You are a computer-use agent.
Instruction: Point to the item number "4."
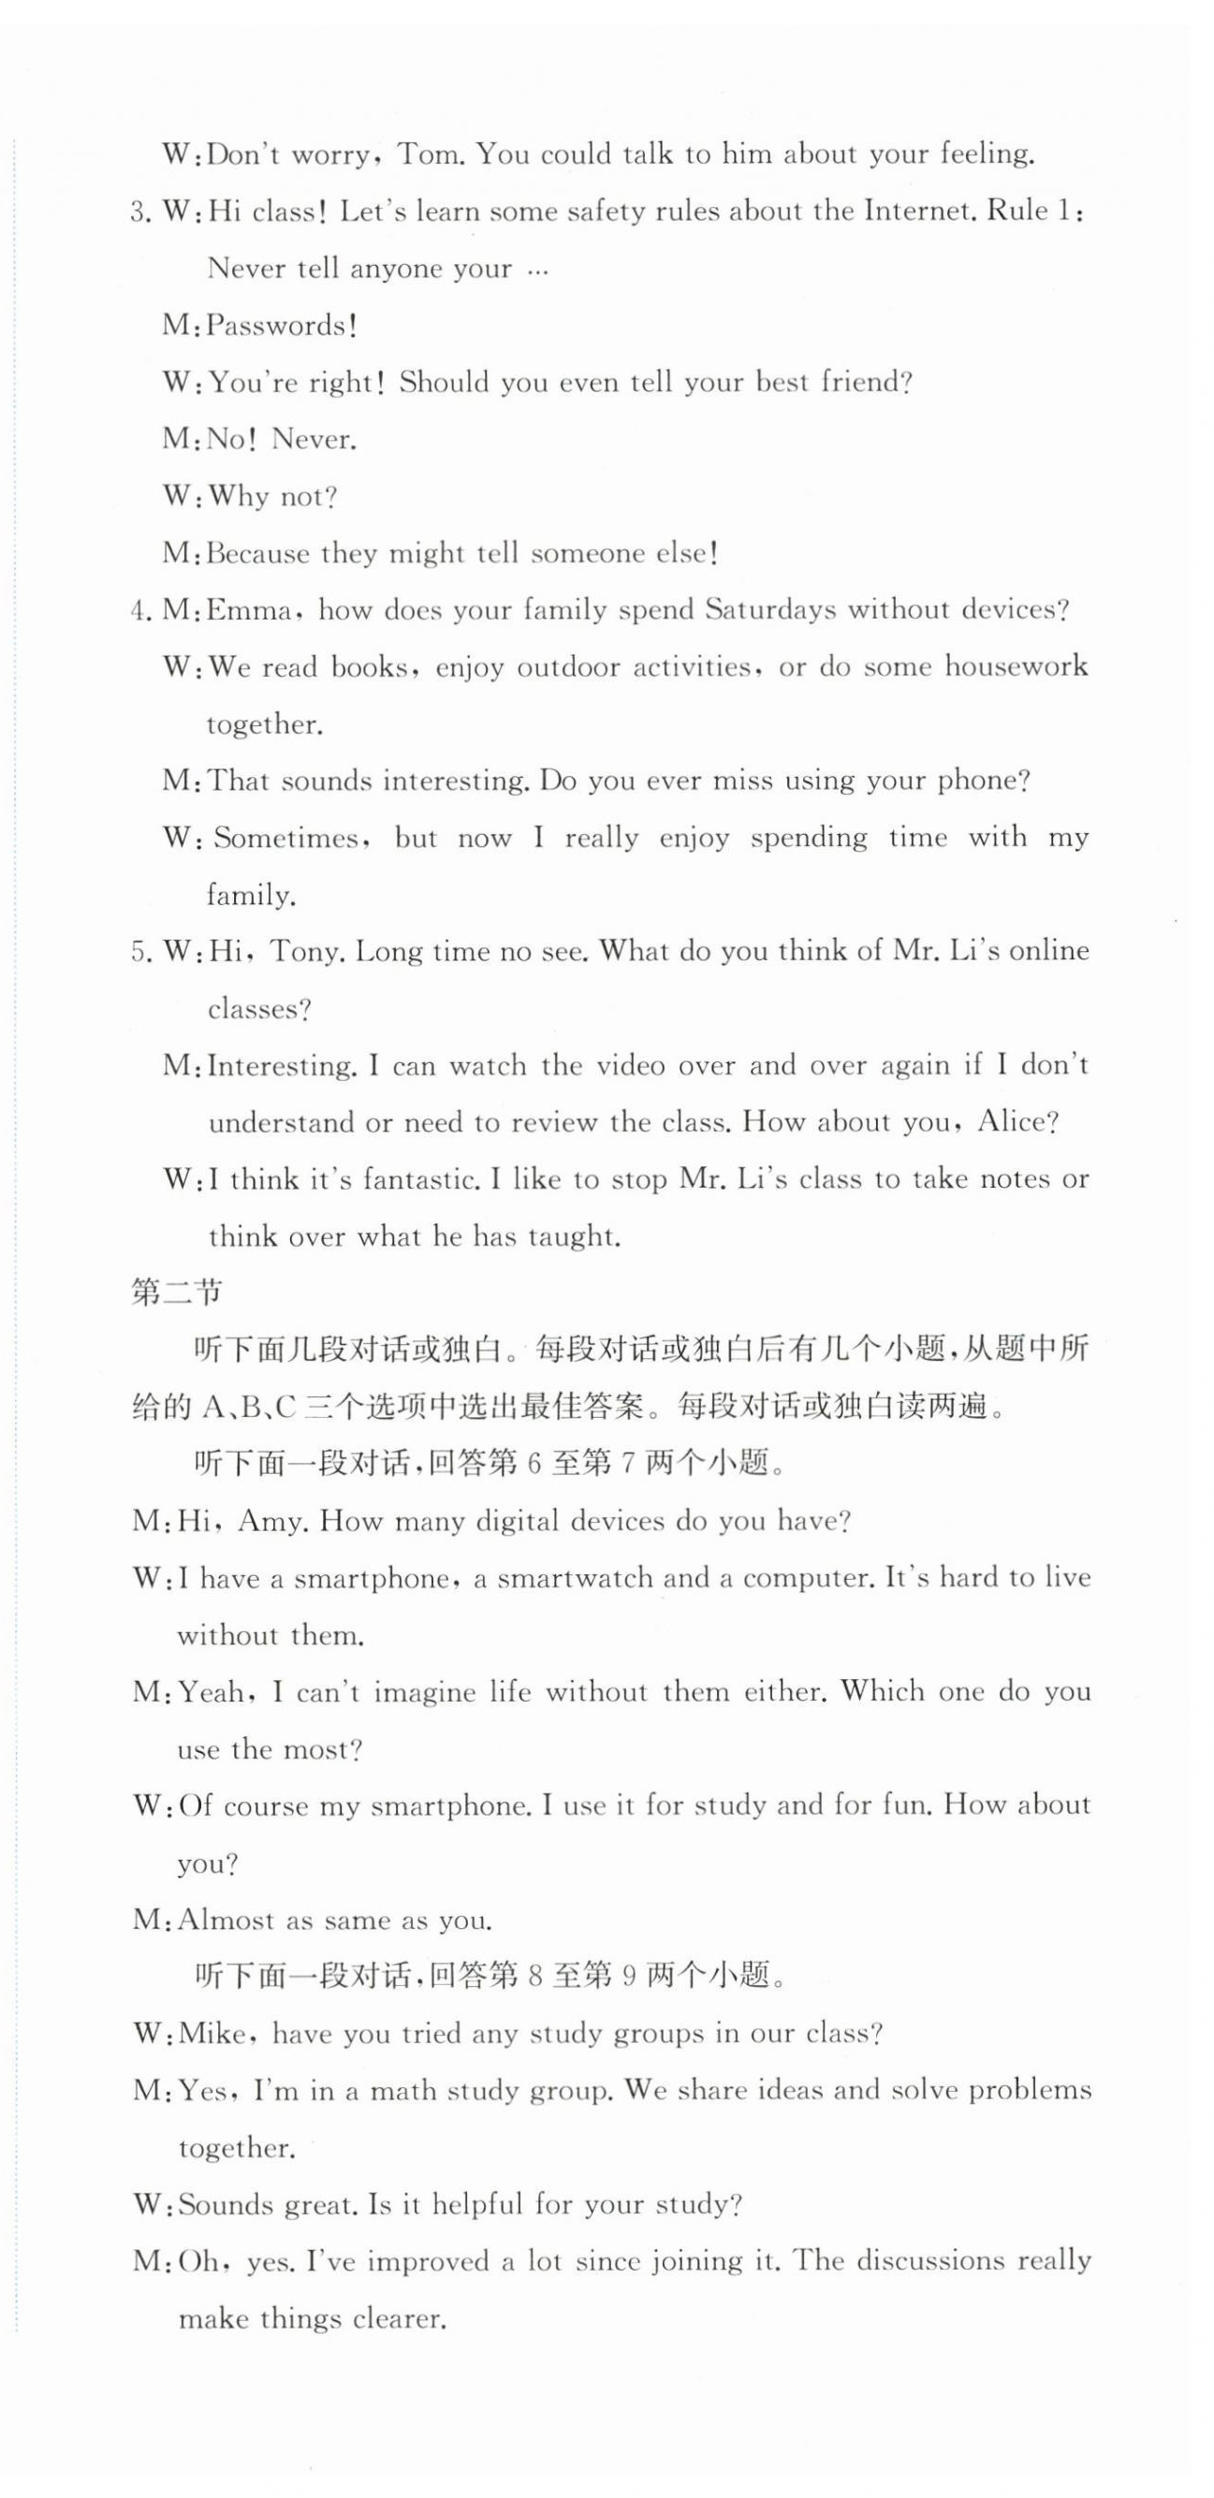point(141,611)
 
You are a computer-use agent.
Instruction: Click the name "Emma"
point(250,611)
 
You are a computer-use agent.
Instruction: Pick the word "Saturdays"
point(770,610)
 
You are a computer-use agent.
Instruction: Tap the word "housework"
point(1017,667)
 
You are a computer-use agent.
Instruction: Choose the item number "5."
point(141,952)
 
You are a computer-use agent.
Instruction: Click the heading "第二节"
point(178,1293)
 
